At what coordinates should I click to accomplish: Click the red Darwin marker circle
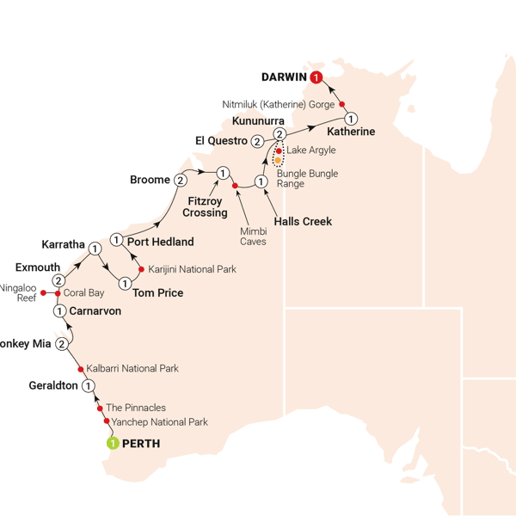317,78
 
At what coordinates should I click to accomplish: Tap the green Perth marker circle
113,444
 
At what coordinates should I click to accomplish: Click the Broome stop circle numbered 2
180,181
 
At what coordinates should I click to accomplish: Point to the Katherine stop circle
350,118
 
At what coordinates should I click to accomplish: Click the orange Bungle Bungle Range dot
279,160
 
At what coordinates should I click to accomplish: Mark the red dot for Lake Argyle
279,150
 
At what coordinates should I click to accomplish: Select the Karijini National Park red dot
142,269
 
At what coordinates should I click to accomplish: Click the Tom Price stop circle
126,282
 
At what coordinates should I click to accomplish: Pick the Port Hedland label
160,242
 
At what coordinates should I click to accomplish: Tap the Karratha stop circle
95,249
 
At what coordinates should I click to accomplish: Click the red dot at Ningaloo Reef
43,292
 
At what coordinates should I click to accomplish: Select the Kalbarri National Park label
133,369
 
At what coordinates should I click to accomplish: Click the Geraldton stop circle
88,386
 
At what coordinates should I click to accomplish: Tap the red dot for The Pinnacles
100,408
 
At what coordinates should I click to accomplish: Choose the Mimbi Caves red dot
235,185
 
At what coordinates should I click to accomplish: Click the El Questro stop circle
257,141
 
